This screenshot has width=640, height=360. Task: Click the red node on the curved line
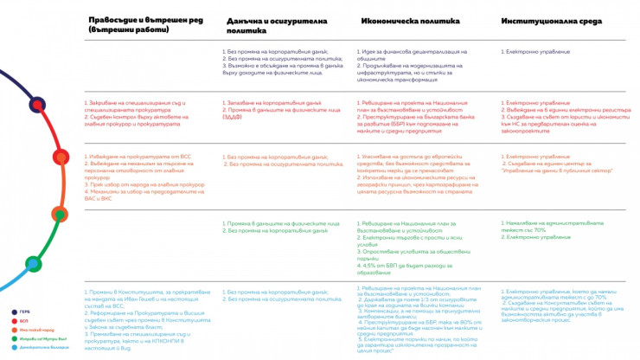click(x=39, y=105)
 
